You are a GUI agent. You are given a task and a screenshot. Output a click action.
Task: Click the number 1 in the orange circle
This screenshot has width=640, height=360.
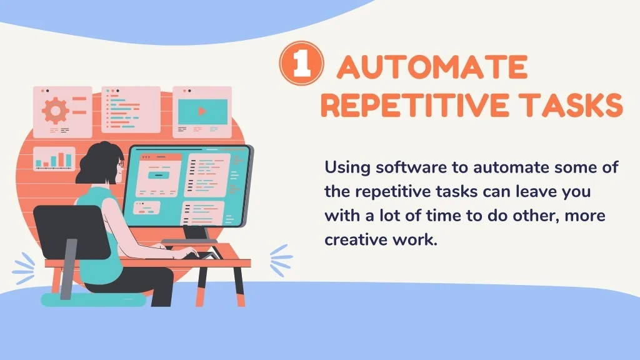tap(302, 63)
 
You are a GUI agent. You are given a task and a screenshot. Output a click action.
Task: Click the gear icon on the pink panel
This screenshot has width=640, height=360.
tap(56, 110)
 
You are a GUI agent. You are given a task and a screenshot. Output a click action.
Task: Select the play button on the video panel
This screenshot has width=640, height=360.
tap(202, 111)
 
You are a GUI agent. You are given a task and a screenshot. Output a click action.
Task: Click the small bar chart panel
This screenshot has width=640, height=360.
tap(54, 159)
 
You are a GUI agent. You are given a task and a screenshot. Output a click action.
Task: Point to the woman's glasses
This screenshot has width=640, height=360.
tap(121, 163)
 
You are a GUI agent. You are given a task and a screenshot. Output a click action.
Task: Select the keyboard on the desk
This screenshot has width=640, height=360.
tap(204, 256)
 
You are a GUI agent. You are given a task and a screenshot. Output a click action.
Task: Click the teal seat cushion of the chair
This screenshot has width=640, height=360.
tap(93, 300)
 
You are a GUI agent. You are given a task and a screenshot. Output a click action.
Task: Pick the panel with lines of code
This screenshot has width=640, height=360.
tap(131, 109)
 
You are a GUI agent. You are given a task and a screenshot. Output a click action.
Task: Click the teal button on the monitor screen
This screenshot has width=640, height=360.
tap(158, 175)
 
